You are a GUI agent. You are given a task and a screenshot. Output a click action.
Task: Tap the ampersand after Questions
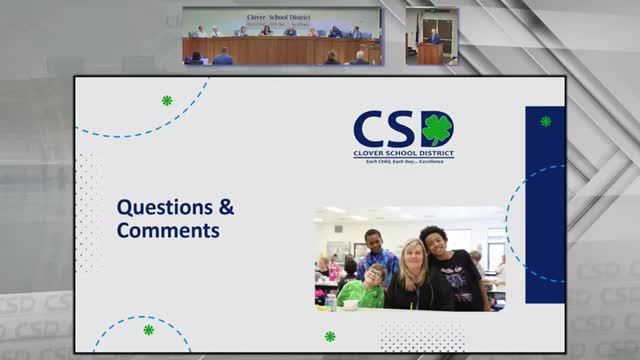coord(227,208)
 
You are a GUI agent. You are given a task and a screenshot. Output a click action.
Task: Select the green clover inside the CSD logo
coord(437,128)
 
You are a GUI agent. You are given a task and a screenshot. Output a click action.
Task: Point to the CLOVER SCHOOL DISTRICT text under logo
coord(403,153)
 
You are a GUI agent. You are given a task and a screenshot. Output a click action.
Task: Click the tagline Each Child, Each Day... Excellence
coord(403,161)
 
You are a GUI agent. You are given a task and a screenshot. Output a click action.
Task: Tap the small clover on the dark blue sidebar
coord(545,121)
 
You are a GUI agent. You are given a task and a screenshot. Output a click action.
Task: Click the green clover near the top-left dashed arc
coord(167,100)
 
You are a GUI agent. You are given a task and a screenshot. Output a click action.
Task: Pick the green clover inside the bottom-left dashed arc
coord(148,329)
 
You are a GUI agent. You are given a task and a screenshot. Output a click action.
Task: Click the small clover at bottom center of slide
coord(330,336)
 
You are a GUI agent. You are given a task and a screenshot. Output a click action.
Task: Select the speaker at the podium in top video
coord(433,37)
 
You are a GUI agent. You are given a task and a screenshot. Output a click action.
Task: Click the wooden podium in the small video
coord(430,53)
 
